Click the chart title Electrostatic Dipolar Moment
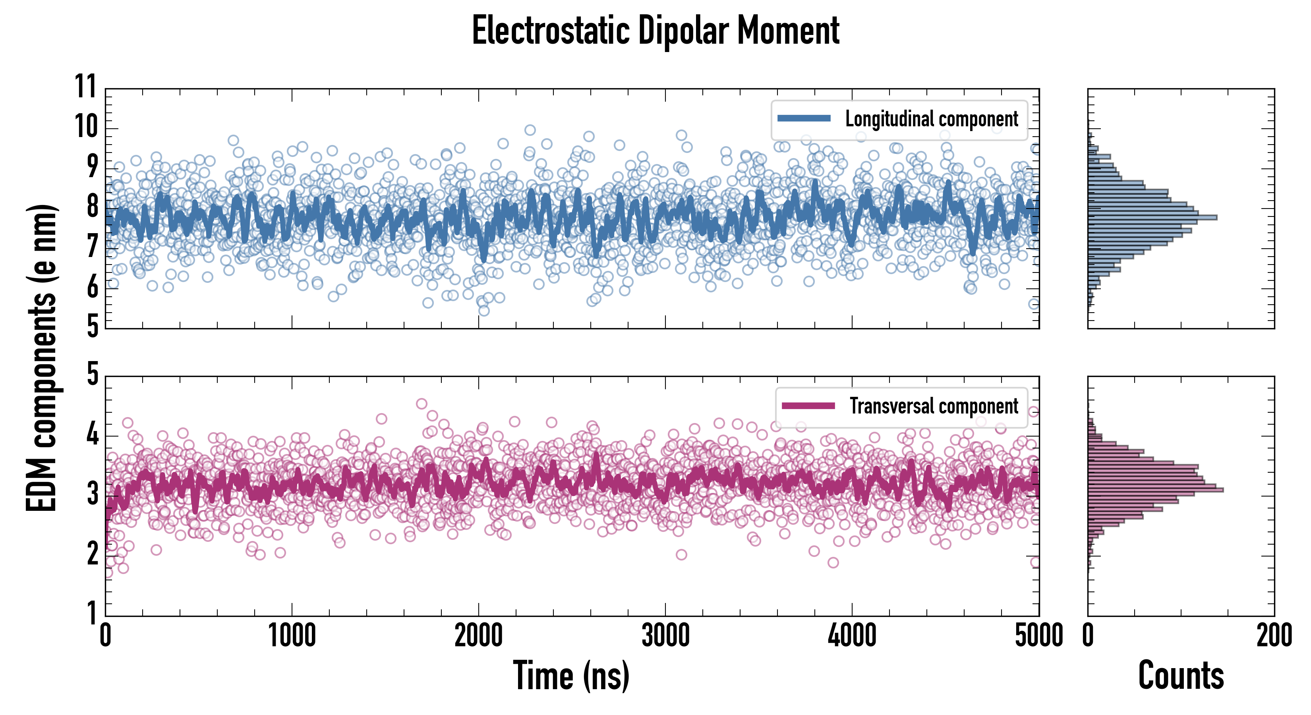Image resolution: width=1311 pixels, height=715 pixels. [655, 31]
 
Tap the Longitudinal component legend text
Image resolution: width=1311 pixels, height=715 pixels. [931, 119]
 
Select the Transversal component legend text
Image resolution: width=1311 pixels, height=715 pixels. [934, 406]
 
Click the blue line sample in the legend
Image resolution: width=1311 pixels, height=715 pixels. [804, 119]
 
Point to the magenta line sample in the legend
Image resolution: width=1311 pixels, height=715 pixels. [808, 406]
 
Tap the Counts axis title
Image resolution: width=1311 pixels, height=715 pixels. [1181, 675]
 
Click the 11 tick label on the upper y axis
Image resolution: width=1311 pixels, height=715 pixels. [85, 87]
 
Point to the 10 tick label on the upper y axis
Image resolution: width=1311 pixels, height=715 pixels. [85, 126]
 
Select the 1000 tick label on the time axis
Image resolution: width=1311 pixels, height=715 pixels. [292, 636]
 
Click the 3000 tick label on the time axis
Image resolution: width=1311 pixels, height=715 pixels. [665, 636]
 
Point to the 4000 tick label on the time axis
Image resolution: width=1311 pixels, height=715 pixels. [852, 636]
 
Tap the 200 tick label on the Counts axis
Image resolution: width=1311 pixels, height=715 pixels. [1274, 636]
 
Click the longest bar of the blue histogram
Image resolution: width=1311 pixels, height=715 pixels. [1152, 218]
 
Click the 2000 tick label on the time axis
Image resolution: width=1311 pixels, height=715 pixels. [478, 636]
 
